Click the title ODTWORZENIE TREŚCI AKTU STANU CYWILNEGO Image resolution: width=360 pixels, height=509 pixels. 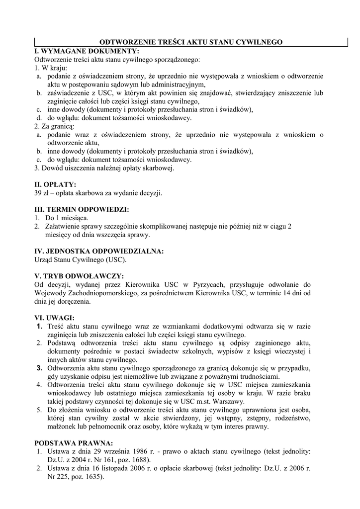[191, 42]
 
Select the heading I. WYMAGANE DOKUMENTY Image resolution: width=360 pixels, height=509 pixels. [87, 51]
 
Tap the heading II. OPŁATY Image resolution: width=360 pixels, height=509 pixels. [55, 184]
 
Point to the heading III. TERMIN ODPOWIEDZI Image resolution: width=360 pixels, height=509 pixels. [82, 209]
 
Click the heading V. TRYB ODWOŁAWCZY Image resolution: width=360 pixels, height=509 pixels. [79, 276]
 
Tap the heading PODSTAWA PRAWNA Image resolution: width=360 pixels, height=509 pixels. [74, 443]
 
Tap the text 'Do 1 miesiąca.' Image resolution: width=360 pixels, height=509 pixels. [67, 218]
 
